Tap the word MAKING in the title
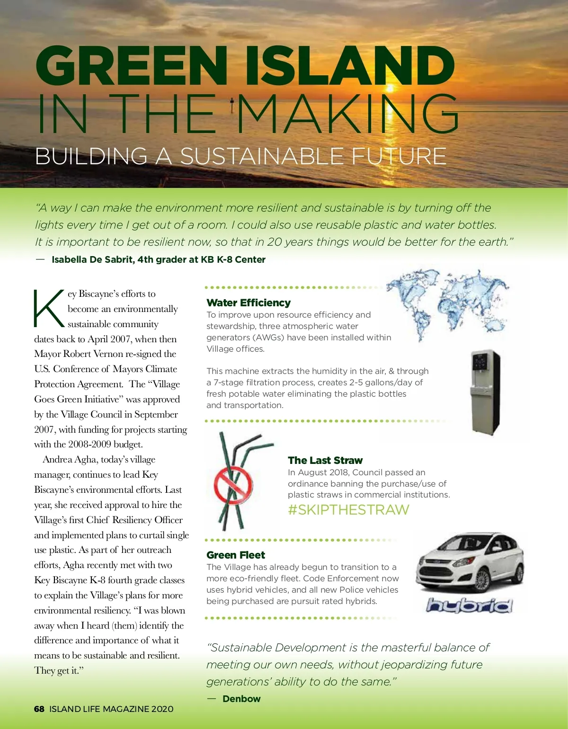tap(348, 114)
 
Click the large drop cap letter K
tap(48, 309)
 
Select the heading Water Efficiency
tap(248, 303)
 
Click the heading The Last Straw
tap(325, 461)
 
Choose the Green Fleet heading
tap(236, 555)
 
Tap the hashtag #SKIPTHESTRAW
tap(348, 510)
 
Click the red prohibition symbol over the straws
tap(233, 485)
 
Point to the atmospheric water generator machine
tap(485, 391)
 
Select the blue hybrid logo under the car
tap(469, 605)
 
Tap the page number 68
tap(39, 709)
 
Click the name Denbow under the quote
tap(241, 699)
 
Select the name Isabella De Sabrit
tap(92, 260)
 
